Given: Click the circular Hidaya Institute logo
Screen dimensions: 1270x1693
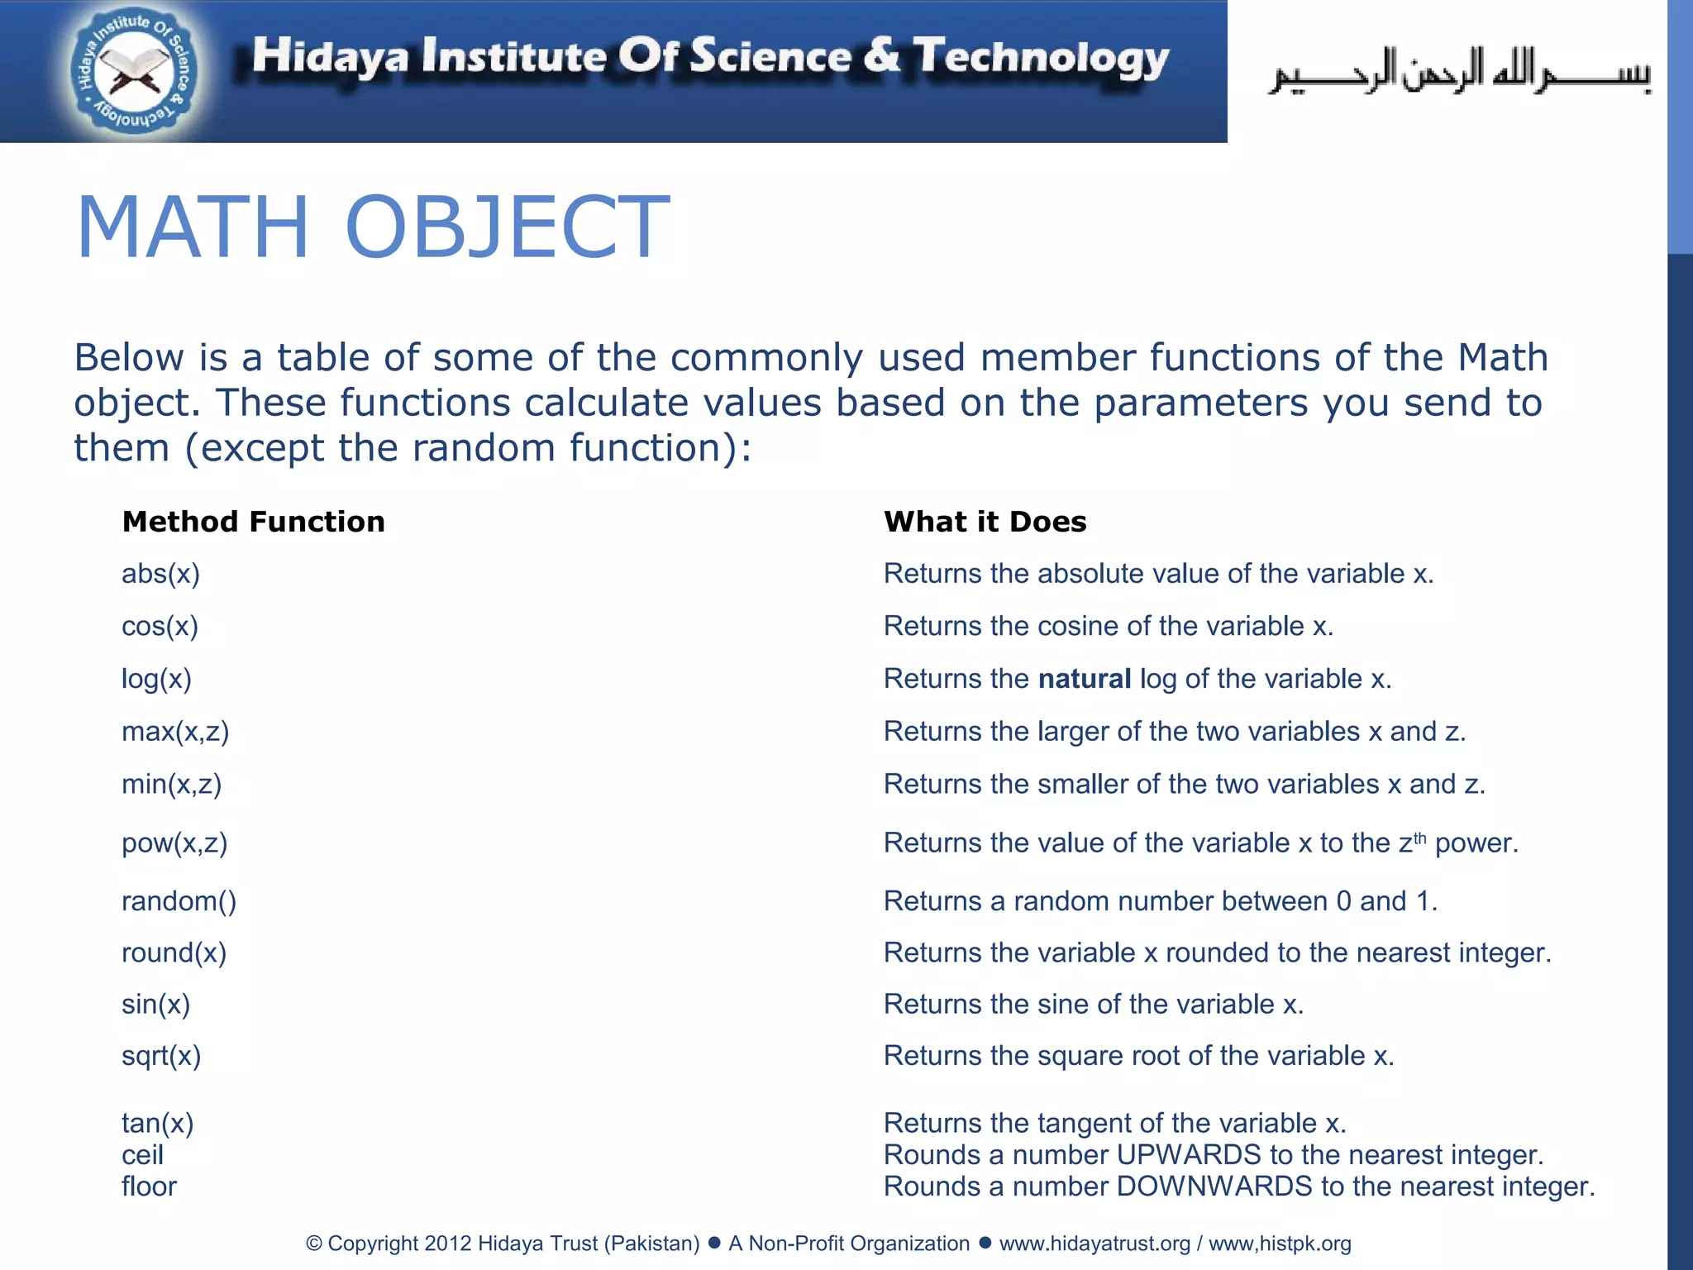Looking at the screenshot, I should pos(133,73).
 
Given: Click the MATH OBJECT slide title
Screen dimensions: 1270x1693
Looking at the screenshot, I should pos(372,227).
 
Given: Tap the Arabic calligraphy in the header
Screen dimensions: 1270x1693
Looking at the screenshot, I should pos(1459,73).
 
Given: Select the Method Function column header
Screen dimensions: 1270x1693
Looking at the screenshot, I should pos(253,522).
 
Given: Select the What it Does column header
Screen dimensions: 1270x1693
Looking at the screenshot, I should pos(985,522).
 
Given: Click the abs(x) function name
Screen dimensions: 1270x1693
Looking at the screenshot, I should pos(160,574).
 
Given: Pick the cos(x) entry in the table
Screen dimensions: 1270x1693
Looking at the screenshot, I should pos(160,627).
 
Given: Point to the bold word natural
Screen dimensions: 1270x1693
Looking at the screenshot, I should pos(1084,679).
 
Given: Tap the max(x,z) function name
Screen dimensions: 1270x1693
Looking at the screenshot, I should pos(175,732).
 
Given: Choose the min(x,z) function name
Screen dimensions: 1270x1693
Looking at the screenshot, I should pos(171,784).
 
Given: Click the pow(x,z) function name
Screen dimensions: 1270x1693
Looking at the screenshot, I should pos(174,843).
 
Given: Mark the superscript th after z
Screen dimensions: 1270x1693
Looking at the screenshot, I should pos(1419,838).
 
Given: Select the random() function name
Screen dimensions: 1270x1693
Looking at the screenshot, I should pos(179,901).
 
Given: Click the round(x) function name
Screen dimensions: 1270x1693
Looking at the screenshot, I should pos(174,953).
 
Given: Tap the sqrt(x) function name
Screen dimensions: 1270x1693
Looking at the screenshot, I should pos(161,1056).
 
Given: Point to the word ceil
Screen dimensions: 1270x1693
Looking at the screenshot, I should pos(142,1155).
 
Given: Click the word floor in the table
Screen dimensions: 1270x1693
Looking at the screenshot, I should pos(149,1186).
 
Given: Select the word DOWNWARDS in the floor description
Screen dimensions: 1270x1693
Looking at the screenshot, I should pos(1214,1186).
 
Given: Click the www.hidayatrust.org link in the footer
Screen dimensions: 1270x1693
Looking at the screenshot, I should pos(1094,1244).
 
